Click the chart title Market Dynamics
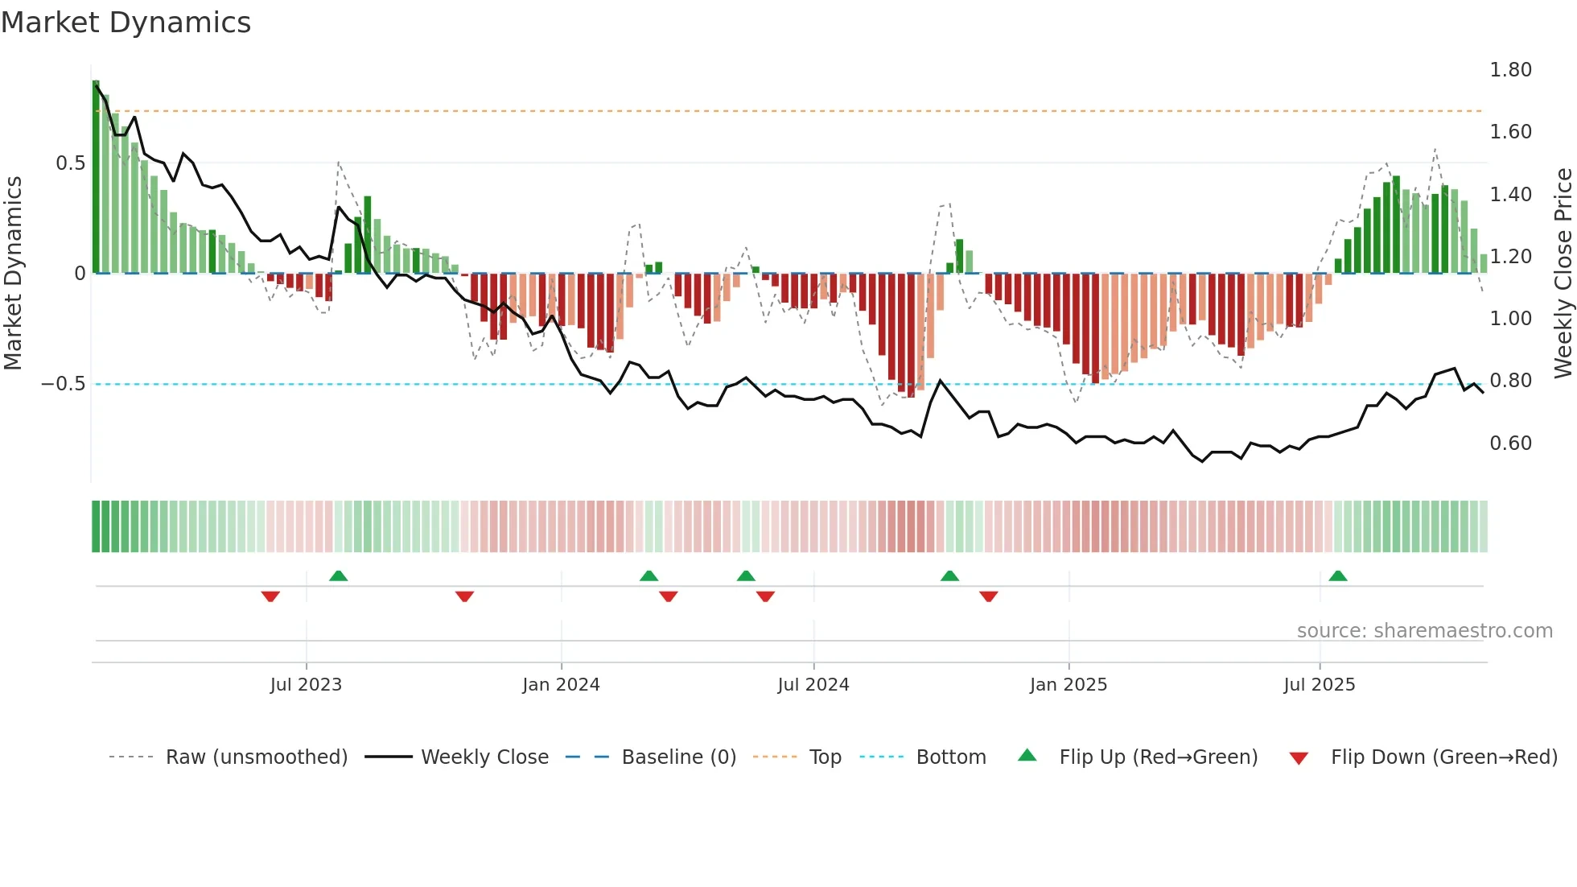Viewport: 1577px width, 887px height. (x=126, y=23)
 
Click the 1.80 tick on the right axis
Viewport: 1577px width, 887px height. (x=1510, y=70)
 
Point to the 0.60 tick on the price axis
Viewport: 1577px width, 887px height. (x=1510, y=443)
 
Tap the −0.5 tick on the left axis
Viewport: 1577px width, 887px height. (x=63, y=384)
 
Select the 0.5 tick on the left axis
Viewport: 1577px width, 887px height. (x=70, y=163)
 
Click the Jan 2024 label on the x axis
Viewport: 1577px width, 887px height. (x=561, y=685)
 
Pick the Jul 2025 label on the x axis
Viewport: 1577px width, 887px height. (x=1319, y=685)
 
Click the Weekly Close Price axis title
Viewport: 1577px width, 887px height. (x=1563, y=273)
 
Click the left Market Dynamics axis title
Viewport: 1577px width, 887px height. (x=14, y=273)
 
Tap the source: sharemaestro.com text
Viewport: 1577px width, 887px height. (x=1424, y=631)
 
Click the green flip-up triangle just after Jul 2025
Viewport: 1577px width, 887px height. (x=1338, y=576)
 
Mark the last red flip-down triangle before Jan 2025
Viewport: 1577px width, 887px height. (x=989, y=596)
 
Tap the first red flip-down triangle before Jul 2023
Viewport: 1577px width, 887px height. (x=270, y=596)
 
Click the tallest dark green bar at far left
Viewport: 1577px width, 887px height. (x=96, y=177)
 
